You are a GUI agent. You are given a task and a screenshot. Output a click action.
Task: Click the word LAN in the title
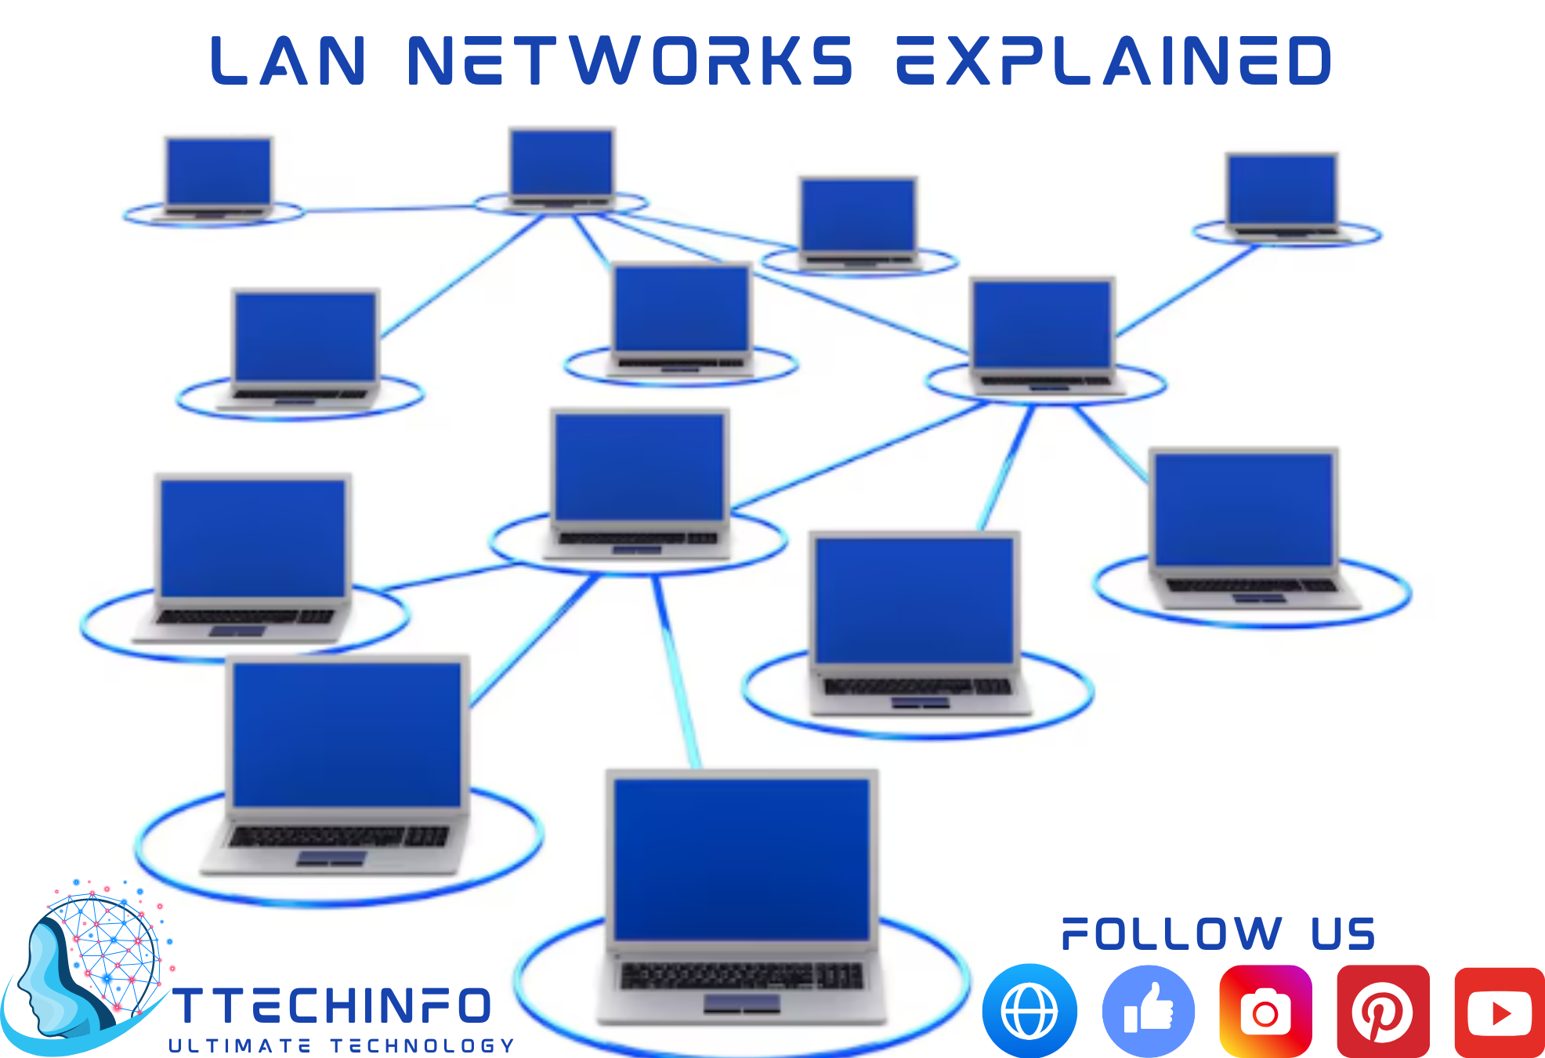coord(288,60)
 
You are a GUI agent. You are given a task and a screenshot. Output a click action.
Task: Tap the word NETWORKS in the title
coord(630,60)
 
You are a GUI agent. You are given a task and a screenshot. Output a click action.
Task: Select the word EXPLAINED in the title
coord(1113,60)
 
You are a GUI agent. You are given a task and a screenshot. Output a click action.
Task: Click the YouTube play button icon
coord(1500,1013)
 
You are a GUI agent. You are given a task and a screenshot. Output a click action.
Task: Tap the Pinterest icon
coord(1383,1012)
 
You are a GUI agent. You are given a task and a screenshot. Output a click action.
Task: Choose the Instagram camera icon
coord(1265,1012)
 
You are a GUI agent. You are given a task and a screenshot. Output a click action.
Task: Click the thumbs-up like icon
coord(1149,1012)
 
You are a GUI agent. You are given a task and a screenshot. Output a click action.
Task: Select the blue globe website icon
coord(1029,1012)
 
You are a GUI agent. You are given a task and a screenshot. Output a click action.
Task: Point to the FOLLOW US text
coord(1218,934)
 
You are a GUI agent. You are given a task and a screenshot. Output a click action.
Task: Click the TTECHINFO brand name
coord(331,1006)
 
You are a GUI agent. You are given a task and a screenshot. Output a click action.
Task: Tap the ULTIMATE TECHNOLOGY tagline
coord(342,1046)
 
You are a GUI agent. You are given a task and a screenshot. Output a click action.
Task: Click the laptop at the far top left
coord(218,178)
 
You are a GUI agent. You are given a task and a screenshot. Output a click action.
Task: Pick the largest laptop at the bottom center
coord(741,893)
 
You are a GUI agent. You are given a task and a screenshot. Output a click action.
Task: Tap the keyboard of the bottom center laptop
coord(741,976)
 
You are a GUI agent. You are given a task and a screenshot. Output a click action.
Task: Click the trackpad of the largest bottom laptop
coord(741,1003)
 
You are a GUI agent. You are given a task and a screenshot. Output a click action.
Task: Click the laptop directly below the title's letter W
coord(561,168)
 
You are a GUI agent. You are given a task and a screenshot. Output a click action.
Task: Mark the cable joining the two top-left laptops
coord(388,208)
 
